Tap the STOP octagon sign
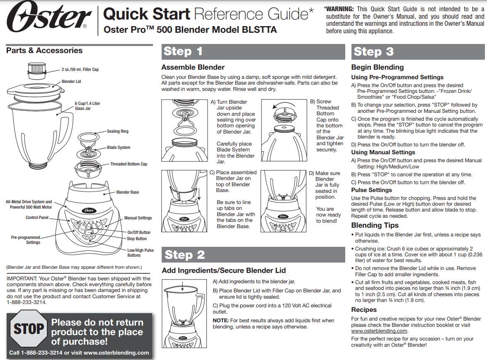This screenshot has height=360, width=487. point(29,329)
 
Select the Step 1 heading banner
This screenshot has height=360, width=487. point(253,51)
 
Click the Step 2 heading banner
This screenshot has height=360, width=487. point(253,255)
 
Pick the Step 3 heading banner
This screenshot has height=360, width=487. point(417,51)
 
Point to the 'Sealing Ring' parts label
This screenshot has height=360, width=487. point(118,131)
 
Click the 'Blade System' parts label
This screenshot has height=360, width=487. point(119,148)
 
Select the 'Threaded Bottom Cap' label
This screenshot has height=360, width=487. point(128,164)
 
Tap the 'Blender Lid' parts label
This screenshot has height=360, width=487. point(71,82)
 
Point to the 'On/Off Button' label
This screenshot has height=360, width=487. point(139,233)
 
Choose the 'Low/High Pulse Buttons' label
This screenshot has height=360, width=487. point(140,253)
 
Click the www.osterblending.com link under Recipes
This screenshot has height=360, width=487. point(379,331)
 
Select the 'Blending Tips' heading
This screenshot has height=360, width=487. point(375,226)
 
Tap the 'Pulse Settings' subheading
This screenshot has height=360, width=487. point(371,190)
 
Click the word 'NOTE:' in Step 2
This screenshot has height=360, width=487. point(220,321)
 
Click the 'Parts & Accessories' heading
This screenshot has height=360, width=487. point(44,51)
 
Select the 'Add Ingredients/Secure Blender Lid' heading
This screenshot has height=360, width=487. point(223,270)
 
